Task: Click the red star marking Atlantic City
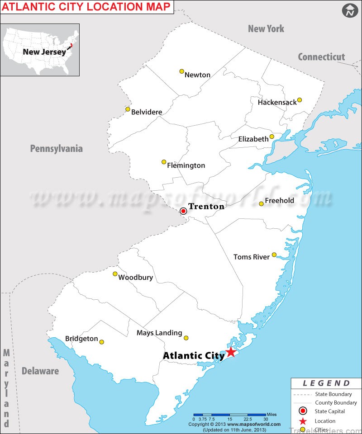231,352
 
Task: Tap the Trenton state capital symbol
183,211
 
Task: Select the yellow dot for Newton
181,71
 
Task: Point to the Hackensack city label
277,102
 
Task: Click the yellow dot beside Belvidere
128,109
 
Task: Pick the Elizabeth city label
253,139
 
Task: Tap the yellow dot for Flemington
164,161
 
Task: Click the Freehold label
279,200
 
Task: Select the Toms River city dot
274,255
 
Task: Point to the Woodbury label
135,278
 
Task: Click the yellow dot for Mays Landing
186,338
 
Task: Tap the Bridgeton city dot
101,342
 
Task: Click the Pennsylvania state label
57,148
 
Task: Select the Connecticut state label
321,57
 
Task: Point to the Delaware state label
40,371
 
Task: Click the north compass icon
349,11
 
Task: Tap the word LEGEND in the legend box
326,383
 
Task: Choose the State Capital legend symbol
302,411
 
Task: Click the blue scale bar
229,415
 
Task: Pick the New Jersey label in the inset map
44,52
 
